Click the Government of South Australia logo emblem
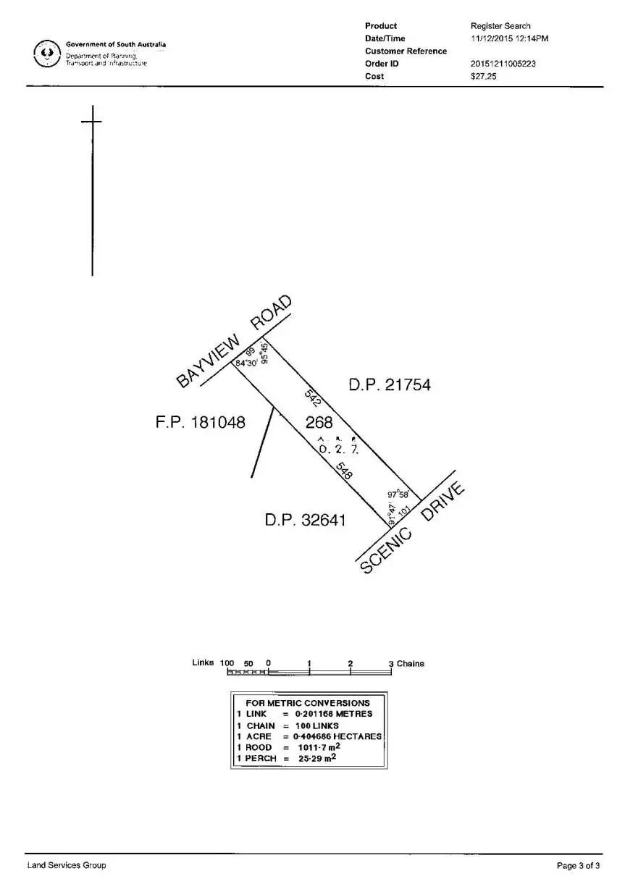47,54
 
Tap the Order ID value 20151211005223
503,64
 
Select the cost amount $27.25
483,76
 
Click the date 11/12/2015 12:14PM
509,38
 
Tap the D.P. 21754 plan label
390,385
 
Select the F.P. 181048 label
201,422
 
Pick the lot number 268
319,422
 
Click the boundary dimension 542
313,396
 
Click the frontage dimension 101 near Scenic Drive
404,512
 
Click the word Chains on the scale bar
411,664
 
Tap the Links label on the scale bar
203,662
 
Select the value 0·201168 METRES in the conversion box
333,714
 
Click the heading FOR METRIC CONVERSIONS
308,702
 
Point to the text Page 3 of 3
578,865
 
